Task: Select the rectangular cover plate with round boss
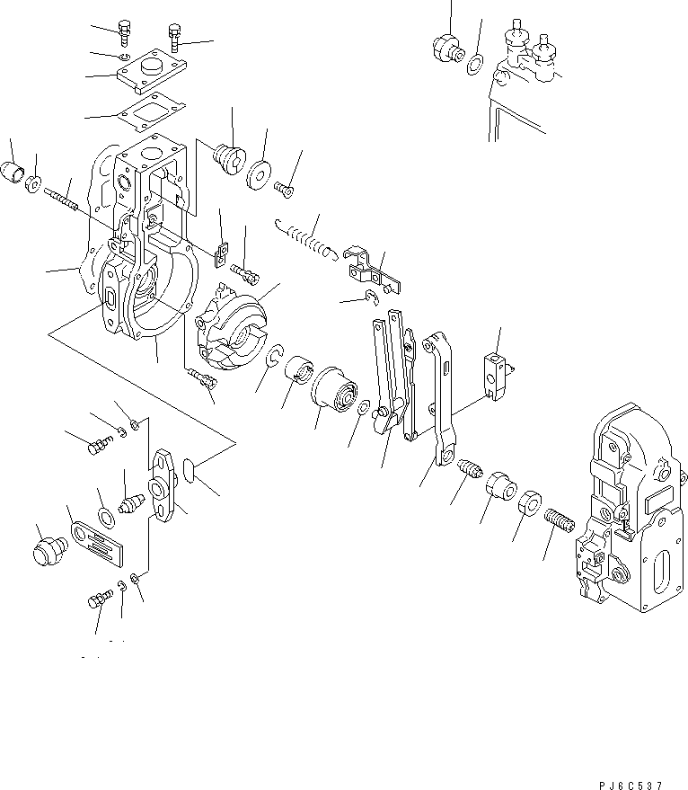[149, 73]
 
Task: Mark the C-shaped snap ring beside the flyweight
[277, 358]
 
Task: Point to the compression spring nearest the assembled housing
[558, 521]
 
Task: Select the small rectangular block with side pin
[496, 373]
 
